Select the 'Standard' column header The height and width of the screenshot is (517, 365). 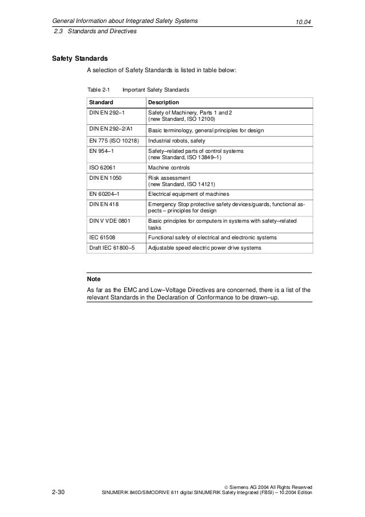click(101, 101)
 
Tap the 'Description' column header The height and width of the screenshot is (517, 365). click(164, 101)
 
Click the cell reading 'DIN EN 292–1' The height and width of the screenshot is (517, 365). click(107, 113)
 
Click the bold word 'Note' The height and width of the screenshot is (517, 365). click(93, 279)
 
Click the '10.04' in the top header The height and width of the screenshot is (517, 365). click(303, 22)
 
